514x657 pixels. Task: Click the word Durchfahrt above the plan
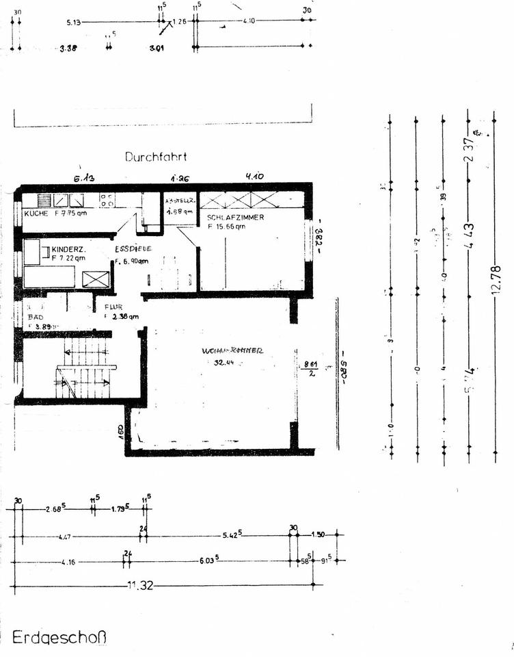pos(156,157)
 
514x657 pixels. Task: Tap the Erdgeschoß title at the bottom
pos(59,638)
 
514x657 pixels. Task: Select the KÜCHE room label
pos(35,214)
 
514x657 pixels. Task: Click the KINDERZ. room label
pos(68,249)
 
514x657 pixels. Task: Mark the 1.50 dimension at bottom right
pos(319,534)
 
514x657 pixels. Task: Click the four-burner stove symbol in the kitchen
pos(107,200)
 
